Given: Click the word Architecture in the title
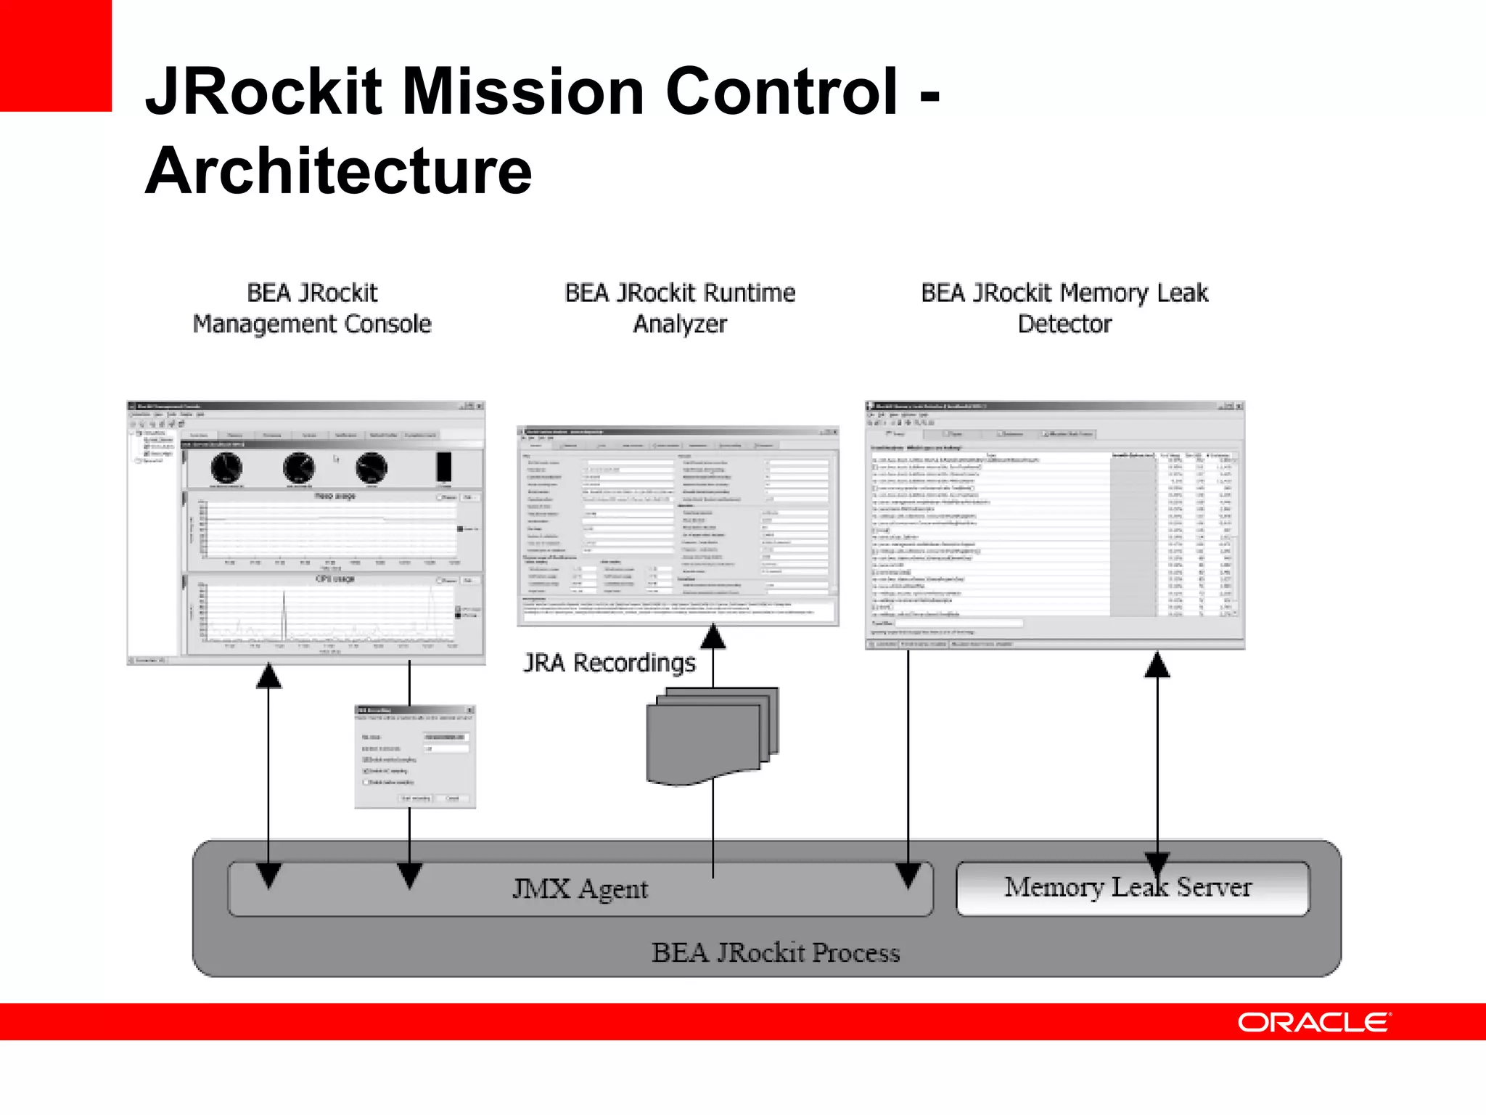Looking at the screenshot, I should click(x=338, y=171).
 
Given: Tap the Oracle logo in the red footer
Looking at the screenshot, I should click(x=1313, y=1022).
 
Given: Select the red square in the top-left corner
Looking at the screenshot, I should click(x=55, y=55).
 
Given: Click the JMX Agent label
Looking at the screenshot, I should click(x=580, y=889).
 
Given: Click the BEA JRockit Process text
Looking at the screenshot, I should click(x=775, y=952).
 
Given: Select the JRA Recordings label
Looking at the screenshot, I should click(x=609, y=663).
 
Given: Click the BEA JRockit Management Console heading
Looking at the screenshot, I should click(x=312, y=309).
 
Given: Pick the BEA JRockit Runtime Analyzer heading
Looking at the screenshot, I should click(x=680, y=309).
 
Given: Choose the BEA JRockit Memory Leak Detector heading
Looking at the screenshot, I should click(x=1064, y=309).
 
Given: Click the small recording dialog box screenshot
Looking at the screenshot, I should click(x=415, y=756).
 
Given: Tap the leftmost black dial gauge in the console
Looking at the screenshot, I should click(x=226, y=468).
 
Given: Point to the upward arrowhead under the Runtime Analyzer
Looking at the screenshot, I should click(x=713, y=637).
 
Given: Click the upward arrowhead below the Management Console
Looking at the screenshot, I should click(x=268, y=676).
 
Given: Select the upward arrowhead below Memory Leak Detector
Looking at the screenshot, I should click(x=1157, y=665).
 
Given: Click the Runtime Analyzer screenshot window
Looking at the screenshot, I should click(x=678, y=526).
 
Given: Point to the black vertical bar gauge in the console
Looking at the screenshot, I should click(x=443, y=467).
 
